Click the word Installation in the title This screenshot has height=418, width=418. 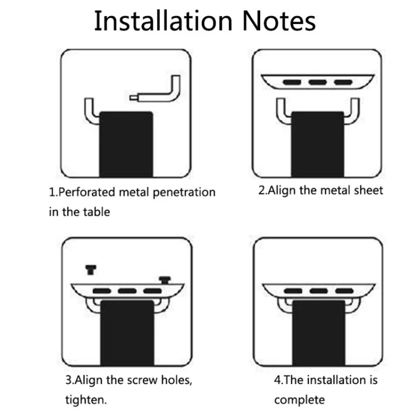163,21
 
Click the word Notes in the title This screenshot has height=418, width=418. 279,21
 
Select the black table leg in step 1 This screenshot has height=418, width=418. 126,144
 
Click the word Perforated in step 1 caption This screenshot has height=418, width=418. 86,192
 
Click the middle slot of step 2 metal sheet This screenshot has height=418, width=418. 318,82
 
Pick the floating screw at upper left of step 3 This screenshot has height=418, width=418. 91,270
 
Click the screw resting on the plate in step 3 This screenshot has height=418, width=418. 165,280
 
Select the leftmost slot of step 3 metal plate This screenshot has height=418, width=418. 101,291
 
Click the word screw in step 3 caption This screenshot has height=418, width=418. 142,380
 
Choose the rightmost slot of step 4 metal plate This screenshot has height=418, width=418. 344,290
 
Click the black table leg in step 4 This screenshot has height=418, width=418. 319,333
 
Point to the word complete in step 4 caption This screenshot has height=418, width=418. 299,400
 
